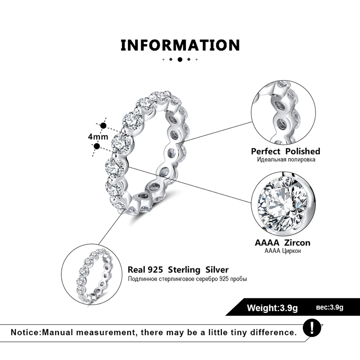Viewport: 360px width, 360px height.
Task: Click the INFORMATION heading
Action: point(180,45)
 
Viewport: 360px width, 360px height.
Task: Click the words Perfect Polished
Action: point(285,151)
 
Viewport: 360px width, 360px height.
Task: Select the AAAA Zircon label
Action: point(282,243)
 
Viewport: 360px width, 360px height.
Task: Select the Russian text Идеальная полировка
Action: point(285,160)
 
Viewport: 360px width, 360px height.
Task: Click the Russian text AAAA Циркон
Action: point(282,251)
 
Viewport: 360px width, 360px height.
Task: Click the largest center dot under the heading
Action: point(180,59)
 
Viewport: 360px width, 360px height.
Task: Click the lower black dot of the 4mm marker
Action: point(96,145)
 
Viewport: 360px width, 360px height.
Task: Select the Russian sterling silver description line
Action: point(187,279)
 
